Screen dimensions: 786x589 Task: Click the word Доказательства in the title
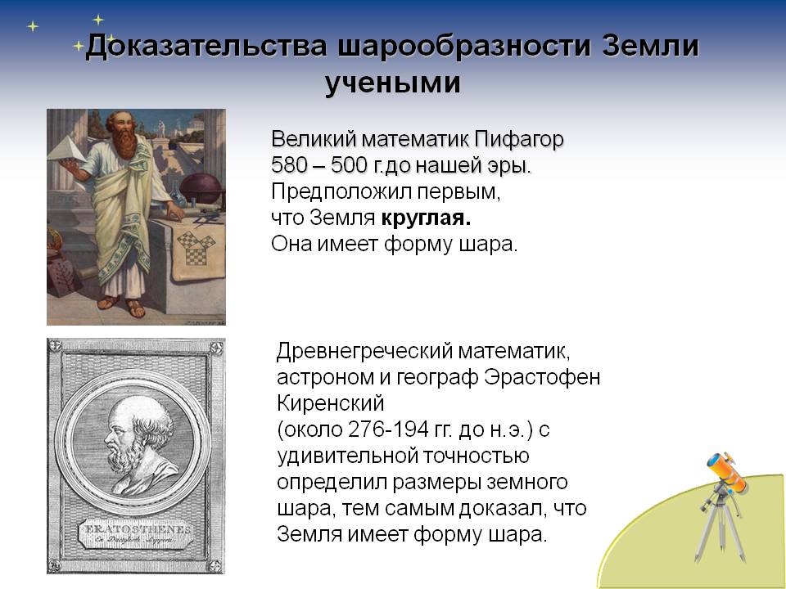point(206,47)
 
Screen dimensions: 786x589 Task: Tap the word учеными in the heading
point(392,83)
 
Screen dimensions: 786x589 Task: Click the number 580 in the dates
point(289,165)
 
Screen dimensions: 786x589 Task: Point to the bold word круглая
point(426,218)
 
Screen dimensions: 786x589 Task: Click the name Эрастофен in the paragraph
point(542,377)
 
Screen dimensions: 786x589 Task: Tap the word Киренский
point(330,403)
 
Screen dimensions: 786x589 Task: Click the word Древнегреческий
point(364,352)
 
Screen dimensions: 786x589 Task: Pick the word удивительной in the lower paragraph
point(348,456)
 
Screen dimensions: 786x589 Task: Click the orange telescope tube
point(726,472)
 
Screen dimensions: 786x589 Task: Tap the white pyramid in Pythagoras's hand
point(67,150)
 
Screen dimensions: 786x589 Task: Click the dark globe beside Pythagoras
point(201,187)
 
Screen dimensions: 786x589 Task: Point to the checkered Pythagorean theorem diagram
point(196,247)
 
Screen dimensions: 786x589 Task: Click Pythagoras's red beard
point(124,142)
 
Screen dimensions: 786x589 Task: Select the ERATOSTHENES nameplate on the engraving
point(137,534)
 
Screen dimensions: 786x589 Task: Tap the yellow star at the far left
point(33,25)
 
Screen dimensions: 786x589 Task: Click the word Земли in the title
point(650,46)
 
